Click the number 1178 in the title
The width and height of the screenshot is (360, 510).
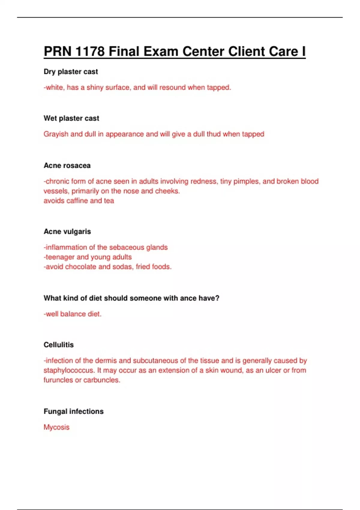coord(90,51)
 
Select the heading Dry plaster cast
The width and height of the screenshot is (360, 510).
coord(71,72)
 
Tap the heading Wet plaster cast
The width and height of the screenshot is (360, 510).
coord(71,118)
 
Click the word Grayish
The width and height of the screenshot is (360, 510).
coord(56,134)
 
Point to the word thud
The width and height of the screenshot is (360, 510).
coord(214,134)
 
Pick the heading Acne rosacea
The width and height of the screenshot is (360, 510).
coord(67,166)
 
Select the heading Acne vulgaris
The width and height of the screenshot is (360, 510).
coord(67,232)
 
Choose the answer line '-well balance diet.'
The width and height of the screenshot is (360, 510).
coord(73,314)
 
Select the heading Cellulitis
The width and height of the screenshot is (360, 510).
coord(59,345)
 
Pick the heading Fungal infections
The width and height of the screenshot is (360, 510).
coord(74,411)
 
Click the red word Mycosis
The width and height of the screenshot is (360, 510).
coord(56,427)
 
